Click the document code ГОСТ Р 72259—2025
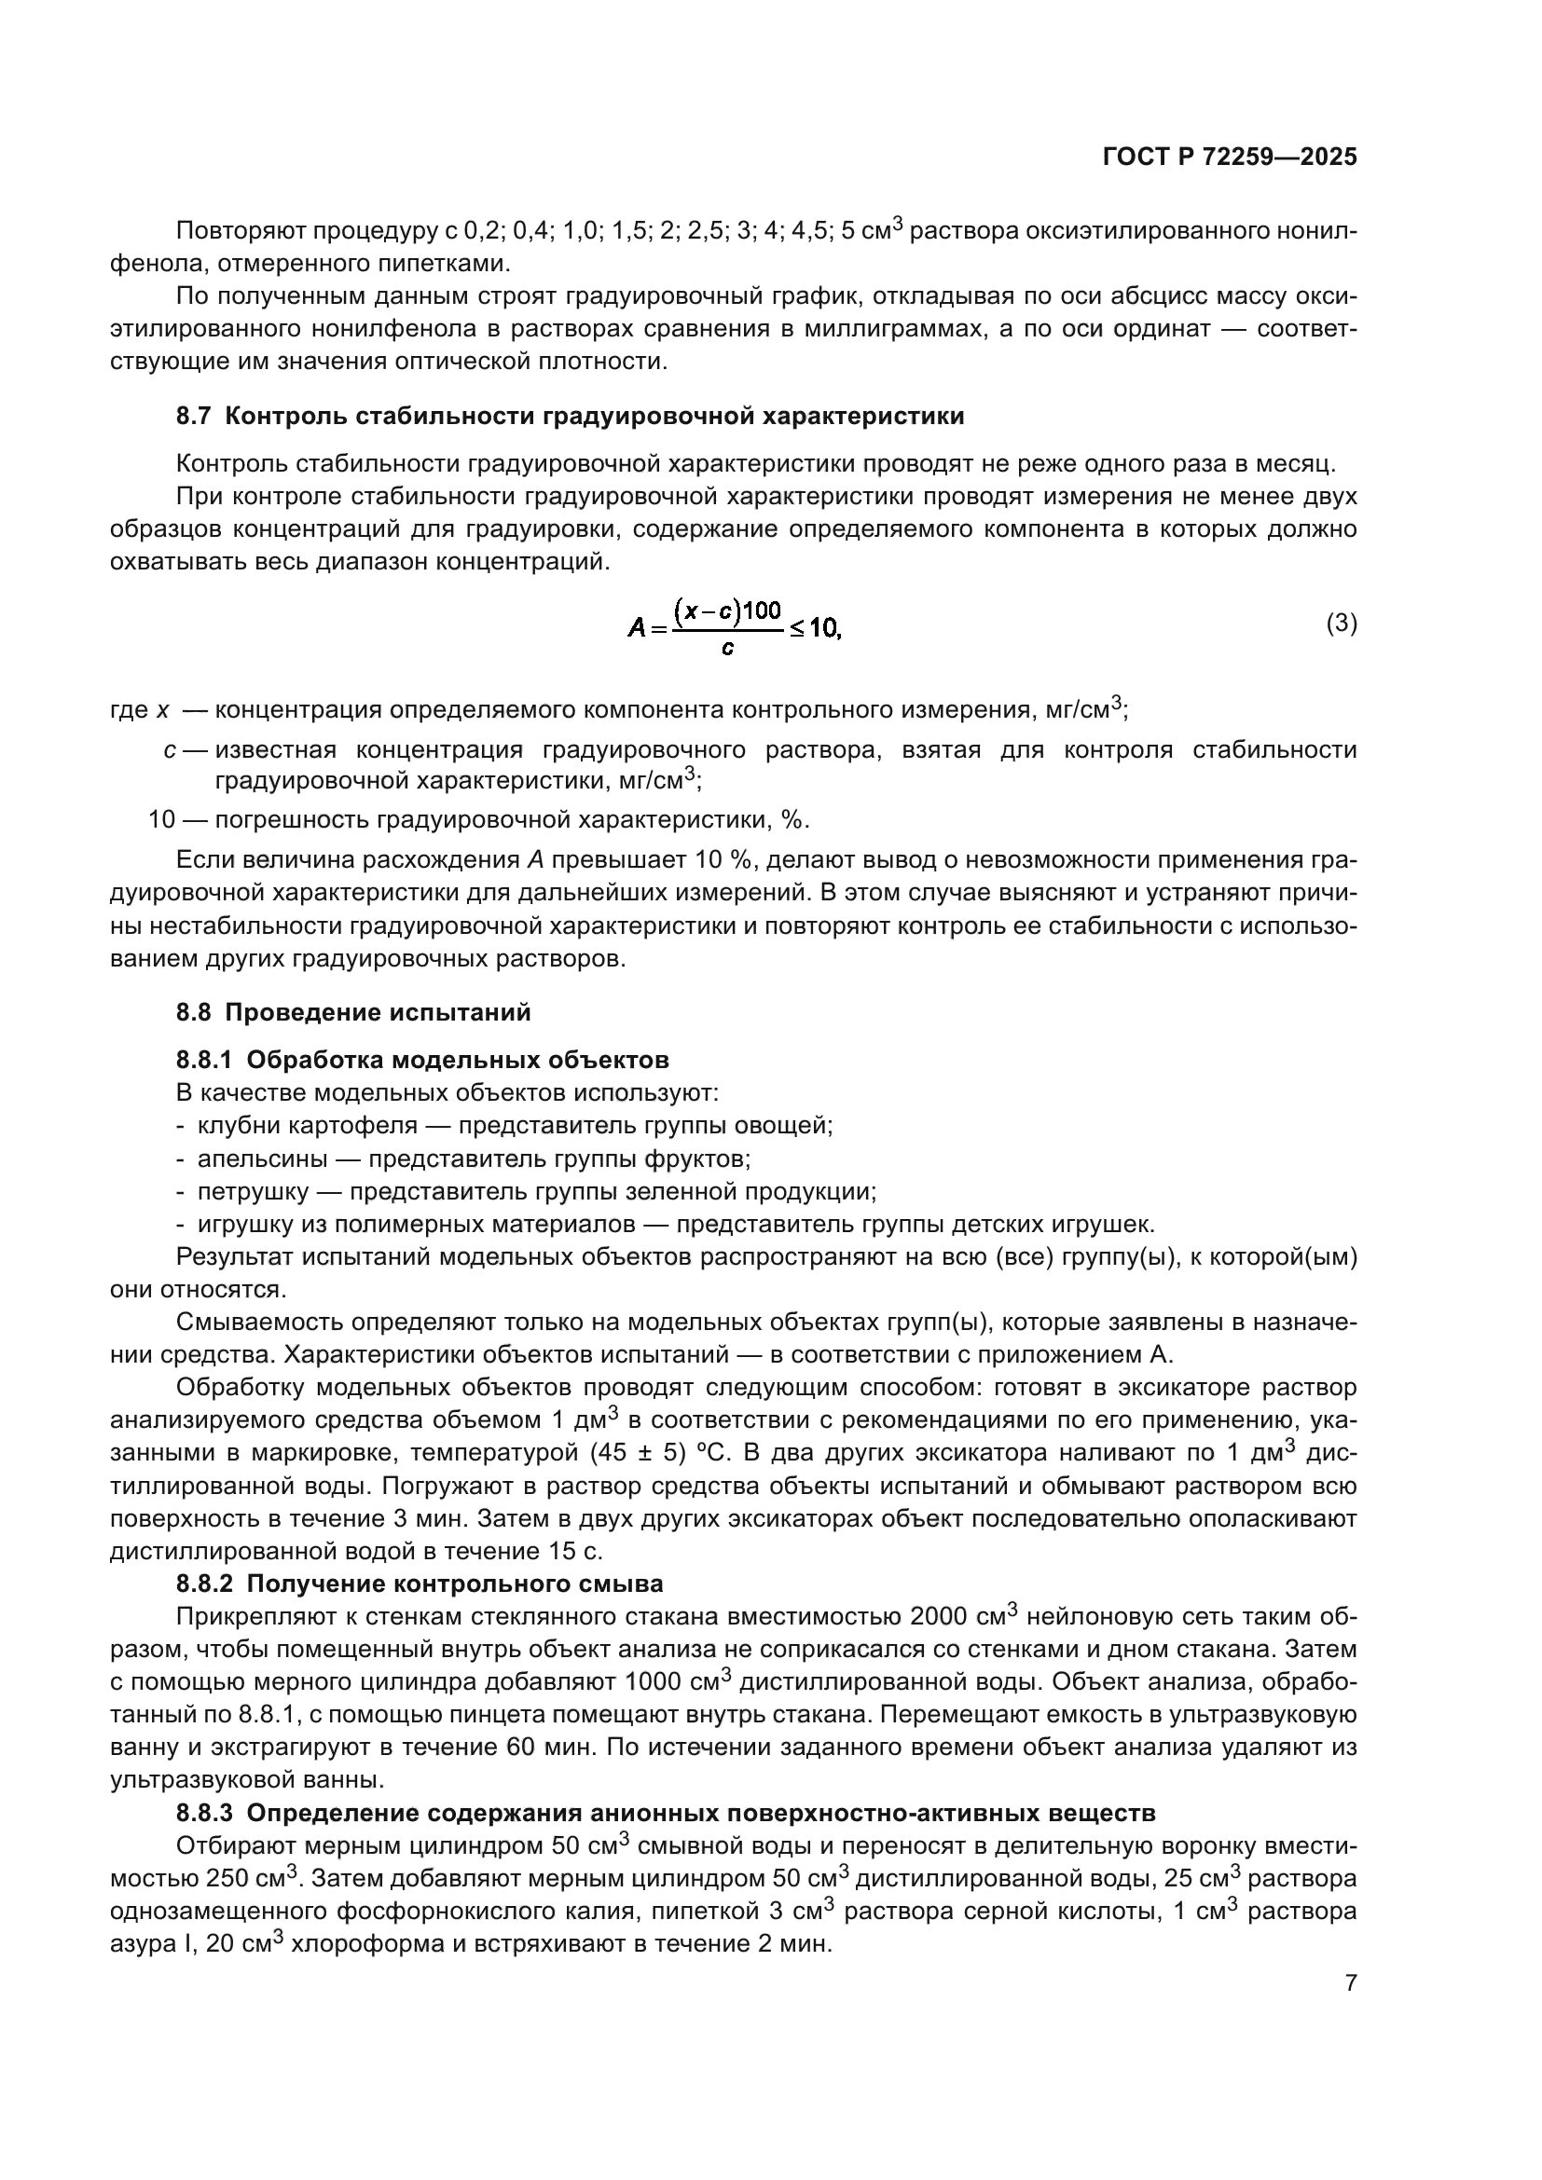(1230, 158)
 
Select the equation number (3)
(1341, 624)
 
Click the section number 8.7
(195, 416)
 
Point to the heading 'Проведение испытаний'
(378, 1012)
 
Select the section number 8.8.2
(204, 1584)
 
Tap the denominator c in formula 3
(727, 650)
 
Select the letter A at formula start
(637, 627)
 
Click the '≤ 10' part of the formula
(815, 627)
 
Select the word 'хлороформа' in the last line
(354, 1943)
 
